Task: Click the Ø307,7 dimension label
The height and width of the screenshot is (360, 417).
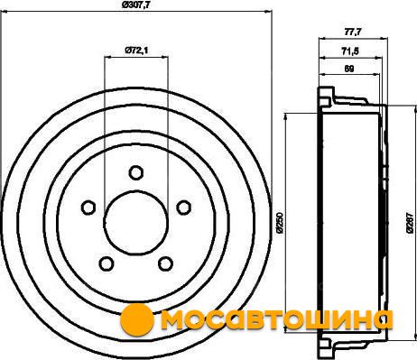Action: tap(135, 5)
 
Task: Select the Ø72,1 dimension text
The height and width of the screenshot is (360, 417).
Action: tap(136, 50)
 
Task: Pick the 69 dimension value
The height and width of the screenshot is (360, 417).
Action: tap(349, 69)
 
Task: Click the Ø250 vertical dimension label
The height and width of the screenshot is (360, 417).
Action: tap(280, 223)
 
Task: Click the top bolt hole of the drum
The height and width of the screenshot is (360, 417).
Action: tap(135, 172)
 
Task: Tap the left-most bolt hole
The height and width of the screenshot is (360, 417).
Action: tap(88, 208)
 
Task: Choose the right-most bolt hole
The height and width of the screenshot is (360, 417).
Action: tap(183, 208)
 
